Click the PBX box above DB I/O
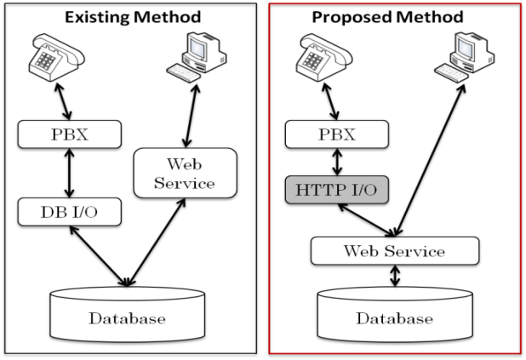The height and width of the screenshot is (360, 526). pyautogui.click(x=69, y=134)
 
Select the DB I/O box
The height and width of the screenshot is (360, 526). pyautogui.click(x=69, y=212)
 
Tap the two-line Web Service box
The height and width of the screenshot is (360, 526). pyautogui.click(x=185, y=173)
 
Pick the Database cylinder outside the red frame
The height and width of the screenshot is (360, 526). pyautogui.click(x=127, y=317)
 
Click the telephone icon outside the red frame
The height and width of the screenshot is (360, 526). pyautogui.click(x=57, y=57)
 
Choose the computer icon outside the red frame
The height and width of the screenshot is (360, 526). pyautogui.click(x=196, y=57)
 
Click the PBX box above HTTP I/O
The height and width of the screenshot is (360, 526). pyautogui.click(x=336, y=134)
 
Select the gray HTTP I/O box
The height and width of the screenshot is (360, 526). pyautogui.click(x=336, y=190)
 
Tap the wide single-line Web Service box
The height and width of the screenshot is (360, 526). pyautogui.click(x=394, y=251)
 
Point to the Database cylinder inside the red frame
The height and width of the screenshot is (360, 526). pyautogui.click(x=394, y=317)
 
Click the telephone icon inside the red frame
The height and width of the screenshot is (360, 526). pyautogui.click(x=324, y=57)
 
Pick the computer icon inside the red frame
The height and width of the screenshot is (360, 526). pyautogui.click(x=464, y=57)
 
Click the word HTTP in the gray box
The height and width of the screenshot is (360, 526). pyautogui.click(x=318, y=190)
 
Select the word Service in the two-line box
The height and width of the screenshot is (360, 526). pyautogui.click(x=185, y=183)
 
